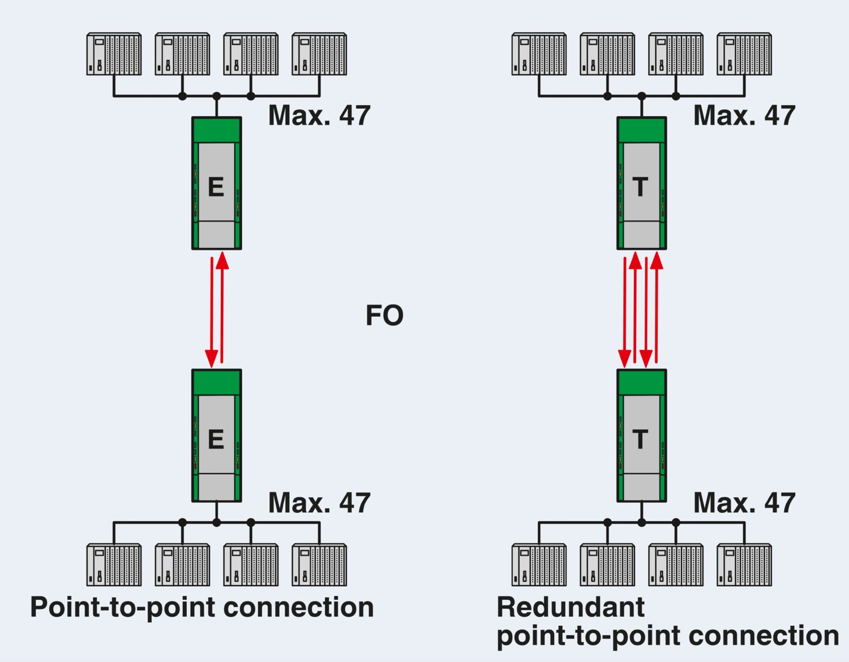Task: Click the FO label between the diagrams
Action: (x=384, y=315)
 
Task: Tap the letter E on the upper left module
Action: (x=216, y=187)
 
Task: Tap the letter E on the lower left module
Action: (x=216, y=440)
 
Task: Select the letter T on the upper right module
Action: (x=640, y=187)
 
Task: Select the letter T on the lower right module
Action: (x=640, y=440)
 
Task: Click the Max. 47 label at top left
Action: (x=319, y=115)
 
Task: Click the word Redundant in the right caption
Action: (x=571, y=607)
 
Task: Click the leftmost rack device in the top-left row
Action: (x=114, y=54)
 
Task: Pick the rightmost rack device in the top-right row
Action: (x=744, y=54)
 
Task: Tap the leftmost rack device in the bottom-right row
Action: (x=539, y=565)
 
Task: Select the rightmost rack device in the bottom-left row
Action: (x=319, y=565)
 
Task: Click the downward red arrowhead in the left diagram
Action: (x=211, y=359)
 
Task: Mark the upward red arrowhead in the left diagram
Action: (x=222, y=260)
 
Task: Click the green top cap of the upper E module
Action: (x=217, y=130)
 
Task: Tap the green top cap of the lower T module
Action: (x=642, y=382)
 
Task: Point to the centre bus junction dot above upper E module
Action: (x=217, y=96)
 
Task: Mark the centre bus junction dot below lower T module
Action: (x=642, y=522)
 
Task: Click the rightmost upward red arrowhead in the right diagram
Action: (x=657, y=260)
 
